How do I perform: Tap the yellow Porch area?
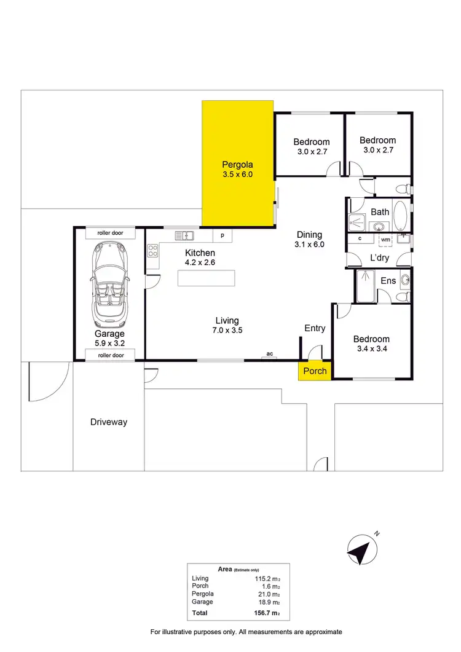315,371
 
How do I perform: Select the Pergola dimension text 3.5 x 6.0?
238,175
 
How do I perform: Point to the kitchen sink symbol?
184,235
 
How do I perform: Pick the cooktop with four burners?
152,250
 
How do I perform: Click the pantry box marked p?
222,235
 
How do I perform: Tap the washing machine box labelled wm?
385,239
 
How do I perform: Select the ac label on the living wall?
269,354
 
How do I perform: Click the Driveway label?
109,422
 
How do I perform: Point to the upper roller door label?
110,234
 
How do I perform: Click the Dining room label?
310,234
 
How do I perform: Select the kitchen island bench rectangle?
207,278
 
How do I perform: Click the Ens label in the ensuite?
388,281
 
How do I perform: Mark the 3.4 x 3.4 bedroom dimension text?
371,350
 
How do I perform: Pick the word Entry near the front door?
315,328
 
